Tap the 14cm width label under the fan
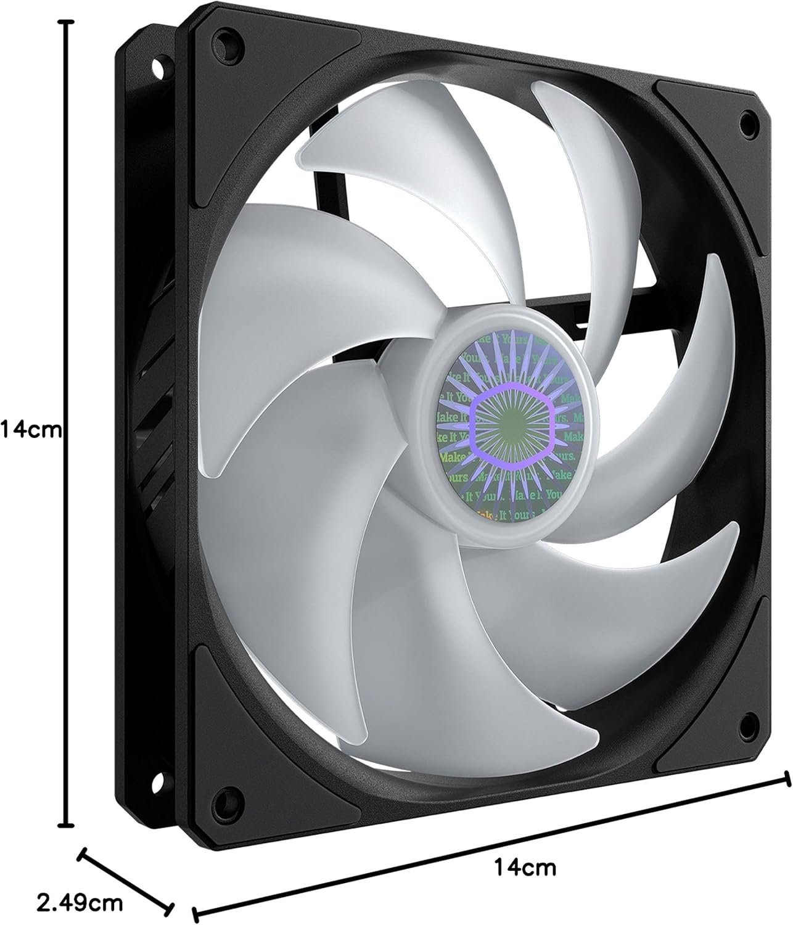coord(525,851)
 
